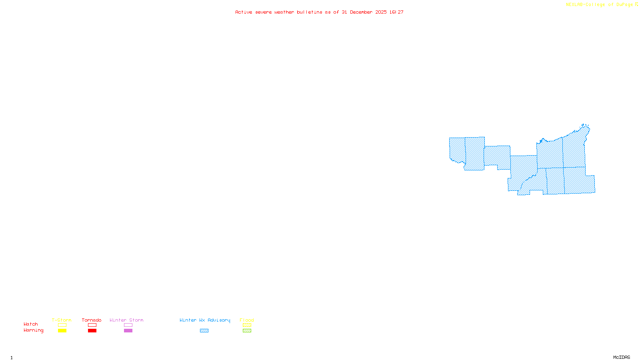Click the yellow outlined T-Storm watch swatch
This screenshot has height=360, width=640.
coord(62,325)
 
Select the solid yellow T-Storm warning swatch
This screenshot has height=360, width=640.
coord(62,331)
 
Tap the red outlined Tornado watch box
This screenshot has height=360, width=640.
coord(92,325)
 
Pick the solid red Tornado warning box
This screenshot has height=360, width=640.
coord(92,331)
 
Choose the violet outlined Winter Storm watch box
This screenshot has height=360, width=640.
coord(128,325)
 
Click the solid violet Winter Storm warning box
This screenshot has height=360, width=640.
coord(128,331)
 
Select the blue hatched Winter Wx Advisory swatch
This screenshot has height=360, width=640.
coord(204,331)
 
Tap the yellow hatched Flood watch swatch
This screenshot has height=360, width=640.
coord(247,325)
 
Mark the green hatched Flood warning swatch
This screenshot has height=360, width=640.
coord(247,331)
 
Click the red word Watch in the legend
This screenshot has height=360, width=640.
coord(31,324)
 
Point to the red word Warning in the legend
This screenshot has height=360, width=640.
coord(33,330)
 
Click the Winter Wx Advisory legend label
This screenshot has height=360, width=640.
coord(205,320)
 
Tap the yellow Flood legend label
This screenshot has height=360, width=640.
coord(247,320)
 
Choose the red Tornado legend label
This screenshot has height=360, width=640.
coord(92,320)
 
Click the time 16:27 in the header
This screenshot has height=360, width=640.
coord(396,12)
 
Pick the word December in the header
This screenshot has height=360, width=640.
coord(361,12)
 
